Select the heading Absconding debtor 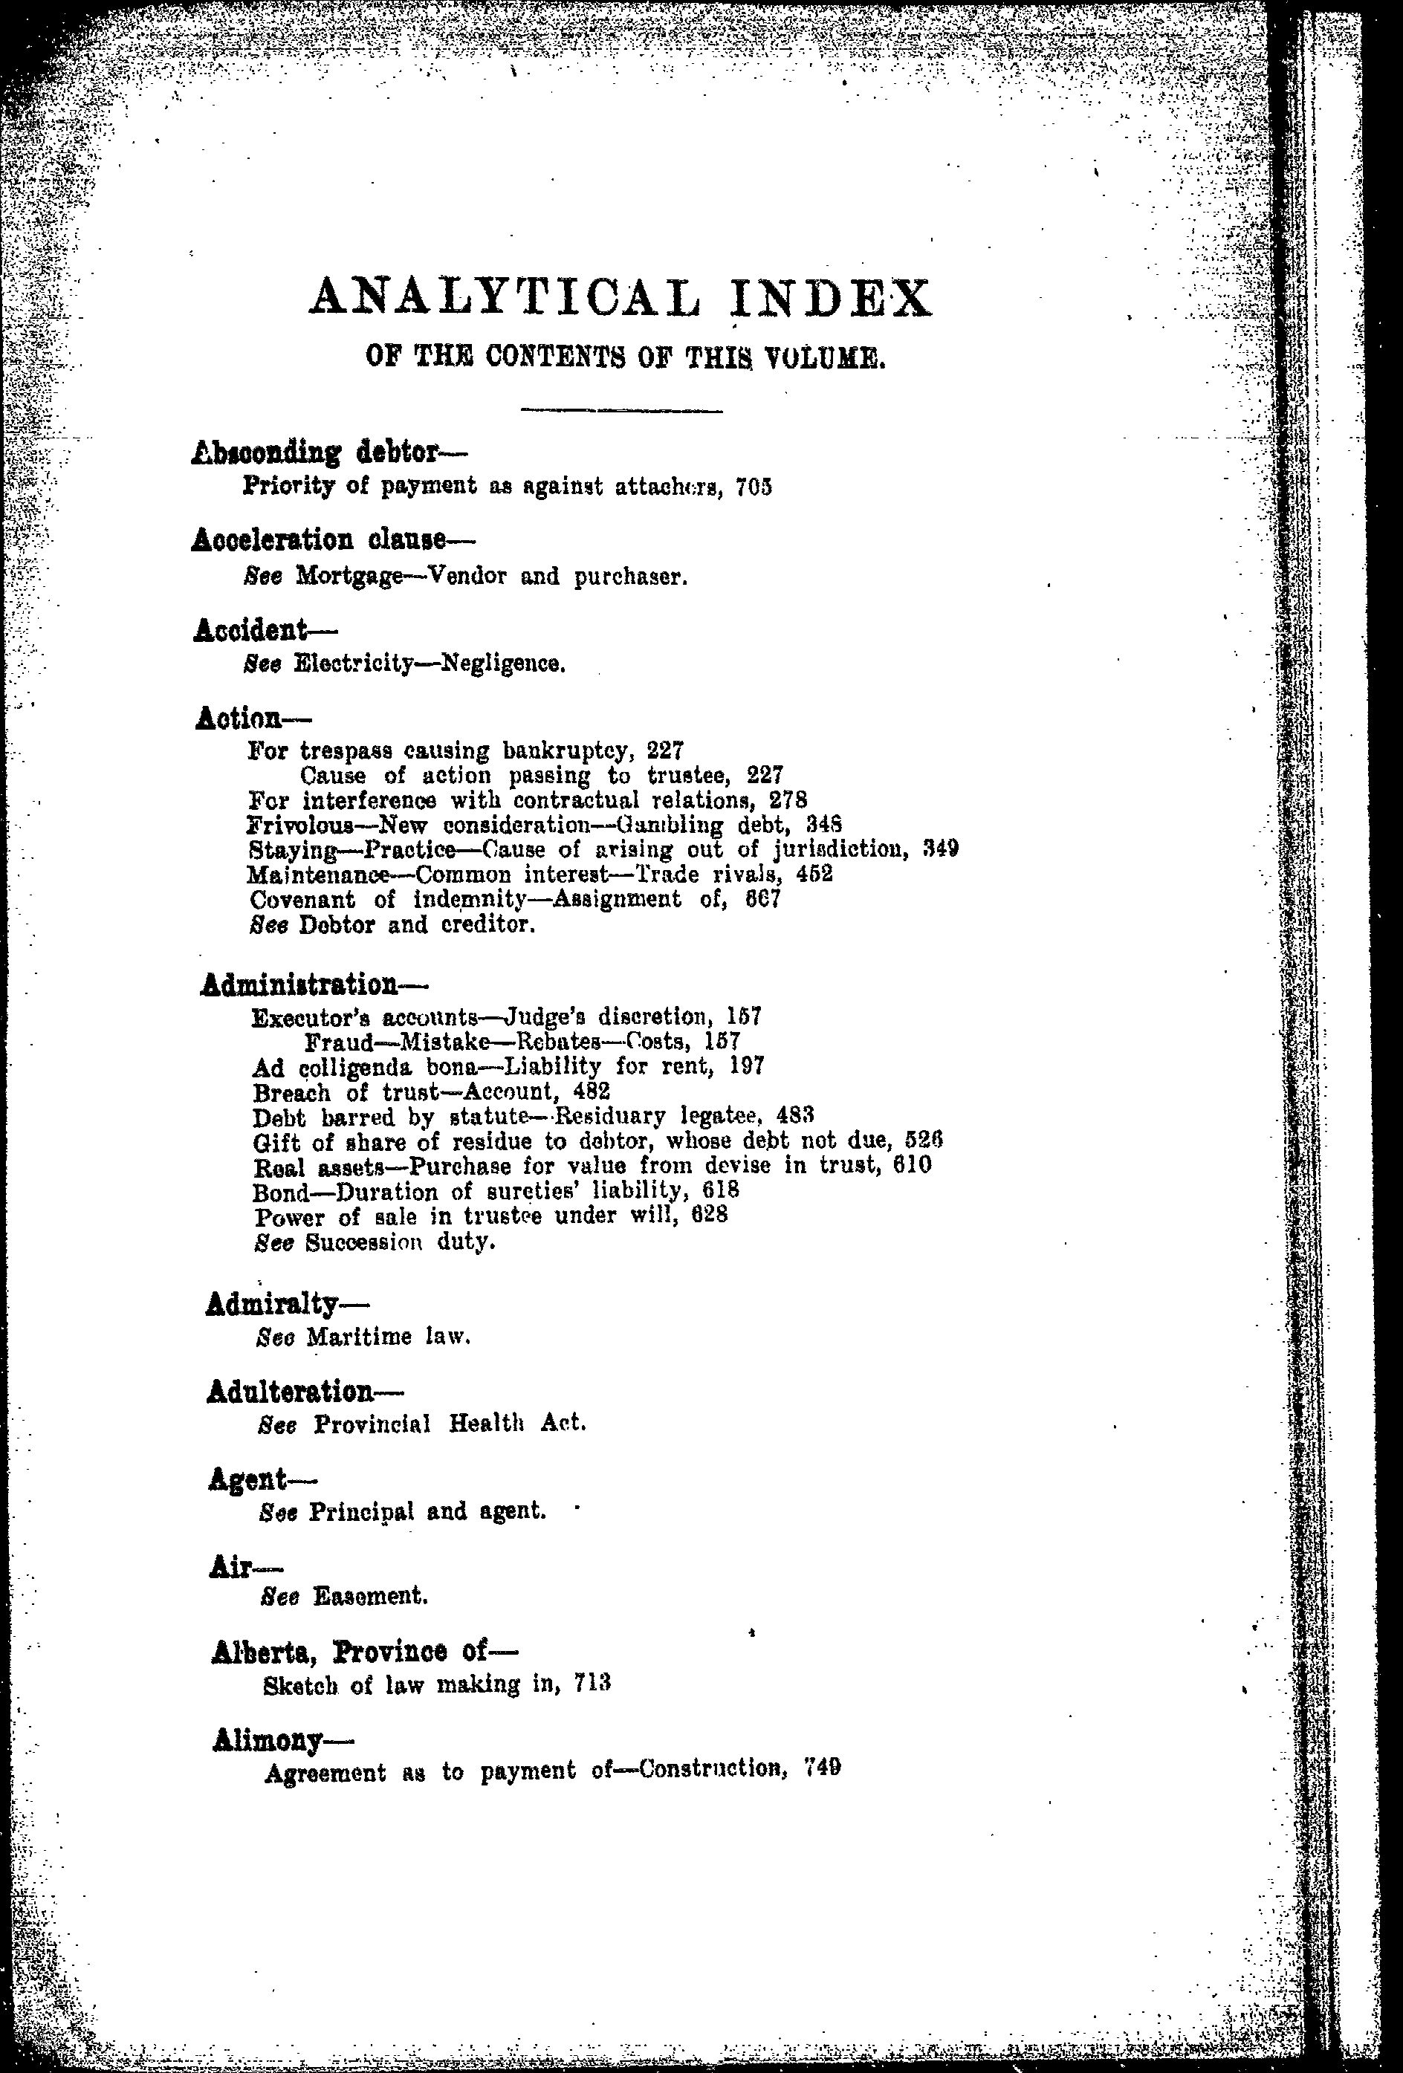(x=316, y=453)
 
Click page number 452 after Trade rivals (x=814, y=875)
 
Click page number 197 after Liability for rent (x=747, y=1066)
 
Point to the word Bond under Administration (x=282, y=1192)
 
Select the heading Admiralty (x=272, y=1305)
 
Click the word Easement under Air (x=370, y=1596)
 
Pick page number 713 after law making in (x=592, y=1684)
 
